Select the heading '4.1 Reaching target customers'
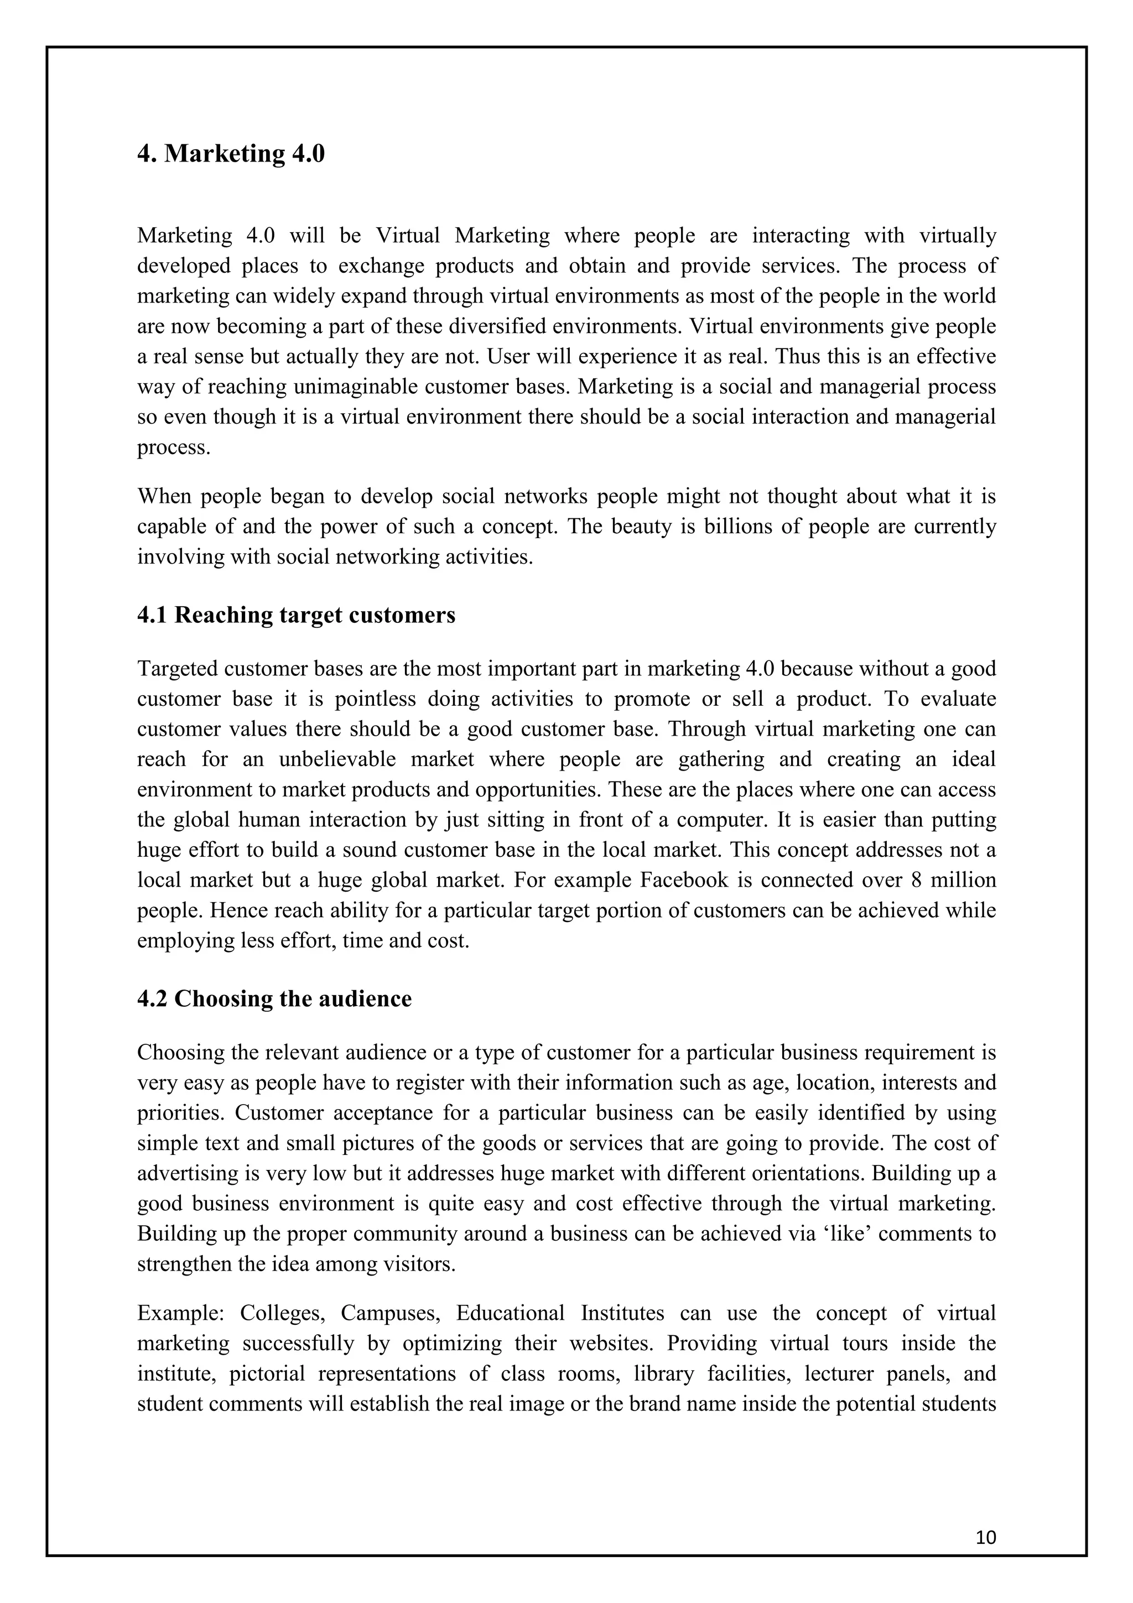pyautogui.click(x=296, y=615)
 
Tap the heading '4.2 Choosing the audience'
pyautogui.click(x=274, y=999)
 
